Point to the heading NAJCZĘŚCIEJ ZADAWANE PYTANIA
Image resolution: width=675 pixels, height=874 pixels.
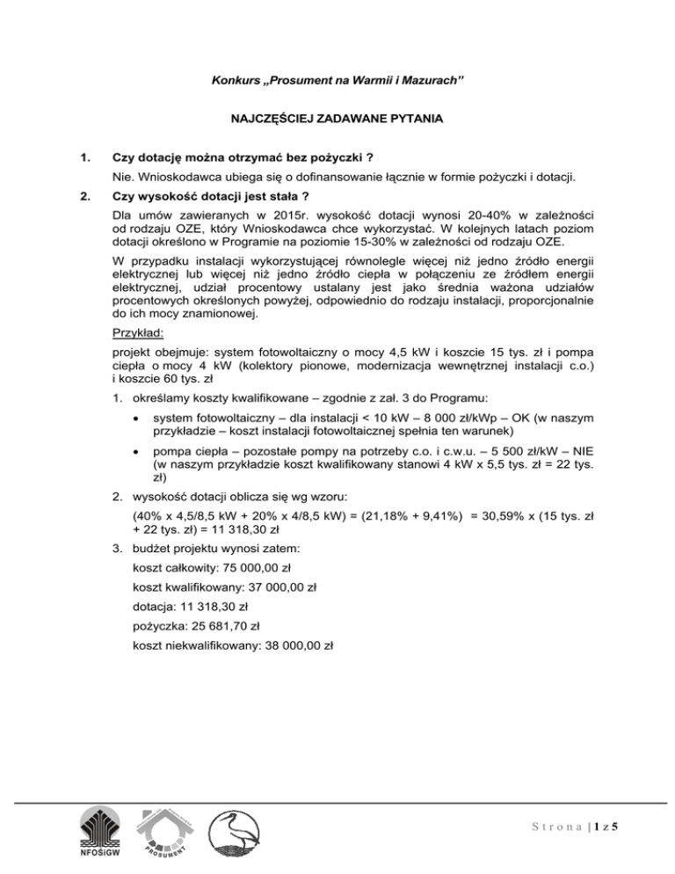[337, 117]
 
